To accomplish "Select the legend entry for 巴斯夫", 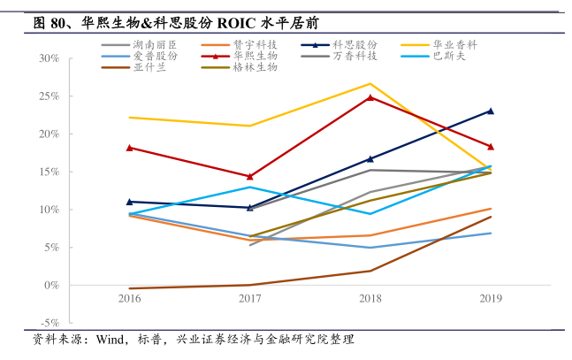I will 448,55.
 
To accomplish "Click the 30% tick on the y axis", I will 50,58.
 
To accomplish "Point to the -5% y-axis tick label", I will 50,323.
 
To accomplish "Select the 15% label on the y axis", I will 50,172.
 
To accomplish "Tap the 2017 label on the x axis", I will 250,298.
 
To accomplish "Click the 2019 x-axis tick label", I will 491,298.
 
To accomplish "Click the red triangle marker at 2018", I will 370,97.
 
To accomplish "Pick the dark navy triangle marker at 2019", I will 491,111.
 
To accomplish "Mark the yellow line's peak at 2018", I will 370,83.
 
